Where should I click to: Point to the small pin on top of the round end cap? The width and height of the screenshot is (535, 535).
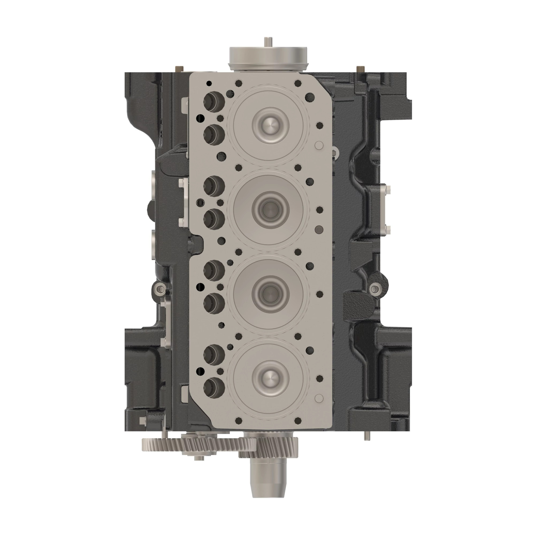pos(267,42)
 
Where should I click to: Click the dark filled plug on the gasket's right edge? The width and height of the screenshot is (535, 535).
pos(319,229)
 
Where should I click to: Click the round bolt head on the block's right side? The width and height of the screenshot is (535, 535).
pos(374,289)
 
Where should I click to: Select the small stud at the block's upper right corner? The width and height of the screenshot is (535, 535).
pos(360,68)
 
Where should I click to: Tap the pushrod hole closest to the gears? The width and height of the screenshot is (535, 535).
pos(214,385)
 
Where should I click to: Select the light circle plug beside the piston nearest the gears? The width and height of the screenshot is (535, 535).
pos(319,398)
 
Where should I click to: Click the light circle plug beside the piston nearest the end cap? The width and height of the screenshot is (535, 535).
pos(319,145)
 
